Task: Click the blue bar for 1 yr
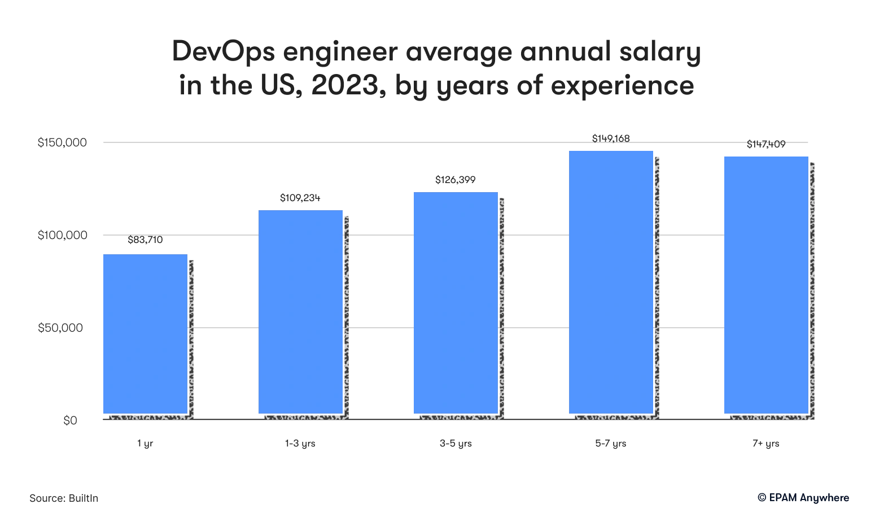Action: coord(145,333)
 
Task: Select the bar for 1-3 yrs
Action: coord(300,312)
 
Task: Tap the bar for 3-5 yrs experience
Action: coord(456,303)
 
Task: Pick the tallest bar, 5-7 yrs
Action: coord(611,282)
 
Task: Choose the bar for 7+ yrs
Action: coord(766,285)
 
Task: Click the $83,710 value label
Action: coord(145,240)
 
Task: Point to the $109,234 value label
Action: coord(300,198)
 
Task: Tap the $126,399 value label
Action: coord(456,180)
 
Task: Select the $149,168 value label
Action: coord(611,138)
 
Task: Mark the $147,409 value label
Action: coord(766,144)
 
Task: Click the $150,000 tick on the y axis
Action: coord(62,142)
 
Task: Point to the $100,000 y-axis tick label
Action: coord(63,235)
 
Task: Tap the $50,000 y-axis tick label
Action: coord(60,328)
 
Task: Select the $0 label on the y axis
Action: coord(71,420)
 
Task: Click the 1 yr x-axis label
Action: coord(145,444)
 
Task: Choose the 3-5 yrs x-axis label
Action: coord(456,444)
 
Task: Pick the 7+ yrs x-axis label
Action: coord(766,444)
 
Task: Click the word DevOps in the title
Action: coord(224,52)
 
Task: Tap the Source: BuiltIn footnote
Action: coord(64,498)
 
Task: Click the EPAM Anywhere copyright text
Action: coord(803,498)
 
